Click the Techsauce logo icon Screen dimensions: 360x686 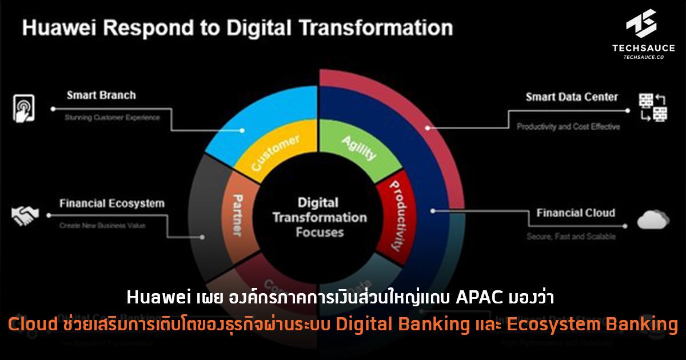click(x=640, y=24)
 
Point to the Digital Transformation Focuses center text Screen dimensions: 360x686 click(x=320, y=217)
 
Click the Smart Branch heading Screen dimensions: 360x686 click(x=101, y=95)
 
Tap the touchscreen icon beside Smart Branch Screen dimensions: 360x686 click(x=23, y=108)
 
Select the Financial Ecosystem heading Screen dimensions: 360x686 click(x=111, y=203)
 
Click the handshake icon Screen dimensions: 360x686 click(x=25, y=215)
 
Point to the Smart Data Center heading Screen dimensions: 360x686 click(x=572, y=97)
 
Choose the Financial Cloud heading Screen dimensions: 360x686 click(x=576, y=213)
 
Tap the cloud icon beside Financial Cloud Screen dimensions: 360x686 click(x=653, y=219)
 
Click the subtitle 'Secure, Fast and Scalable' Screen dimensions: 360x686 click(x=571, y=236)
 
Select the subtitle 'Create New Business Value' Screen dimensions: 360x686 click(x=102, y=226)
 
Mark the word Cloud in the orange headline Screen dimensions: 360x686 click(x=30, y=325)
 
